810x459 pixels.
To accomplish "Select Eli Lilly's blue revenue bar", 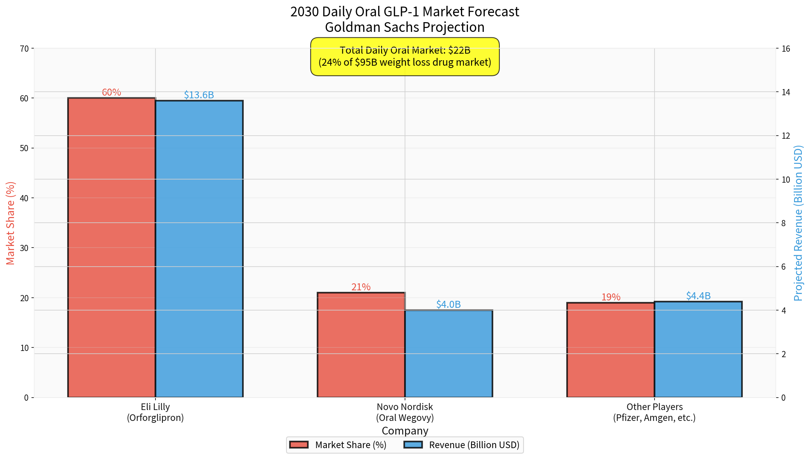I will [199, 249].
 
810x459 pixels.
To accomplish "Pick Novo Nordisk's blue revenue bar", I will [449, 354].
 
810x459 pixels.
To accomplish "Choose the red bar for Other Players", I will [611, 350].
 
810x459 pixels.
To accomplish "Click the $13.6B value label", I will [199, 95].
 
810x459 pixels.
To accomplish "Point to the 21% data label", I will [361, 287].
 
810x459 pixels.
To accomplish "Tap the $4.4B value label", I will [698, 296].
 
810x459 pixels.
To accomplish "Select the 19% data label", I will [611, 297].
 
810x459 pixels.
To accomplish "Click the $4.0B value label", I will [449, 304].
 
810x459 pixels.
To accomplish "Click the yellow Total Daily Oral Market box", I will [405, 57].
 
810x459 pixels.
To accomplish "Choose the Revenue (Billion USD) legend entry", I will [462, 445].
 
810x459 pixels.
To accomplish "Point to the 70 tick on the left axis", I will [24, 49].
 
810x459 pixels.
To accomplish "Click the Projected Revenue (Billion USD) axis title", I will [798, 223].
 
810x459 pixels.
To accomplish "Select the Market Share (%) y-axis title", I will [10, 223].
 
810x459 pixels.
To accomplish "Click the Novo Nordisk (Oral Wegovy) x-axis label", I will [405, 412].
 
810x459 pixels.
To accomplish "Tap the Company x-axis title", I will [405, 431].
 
